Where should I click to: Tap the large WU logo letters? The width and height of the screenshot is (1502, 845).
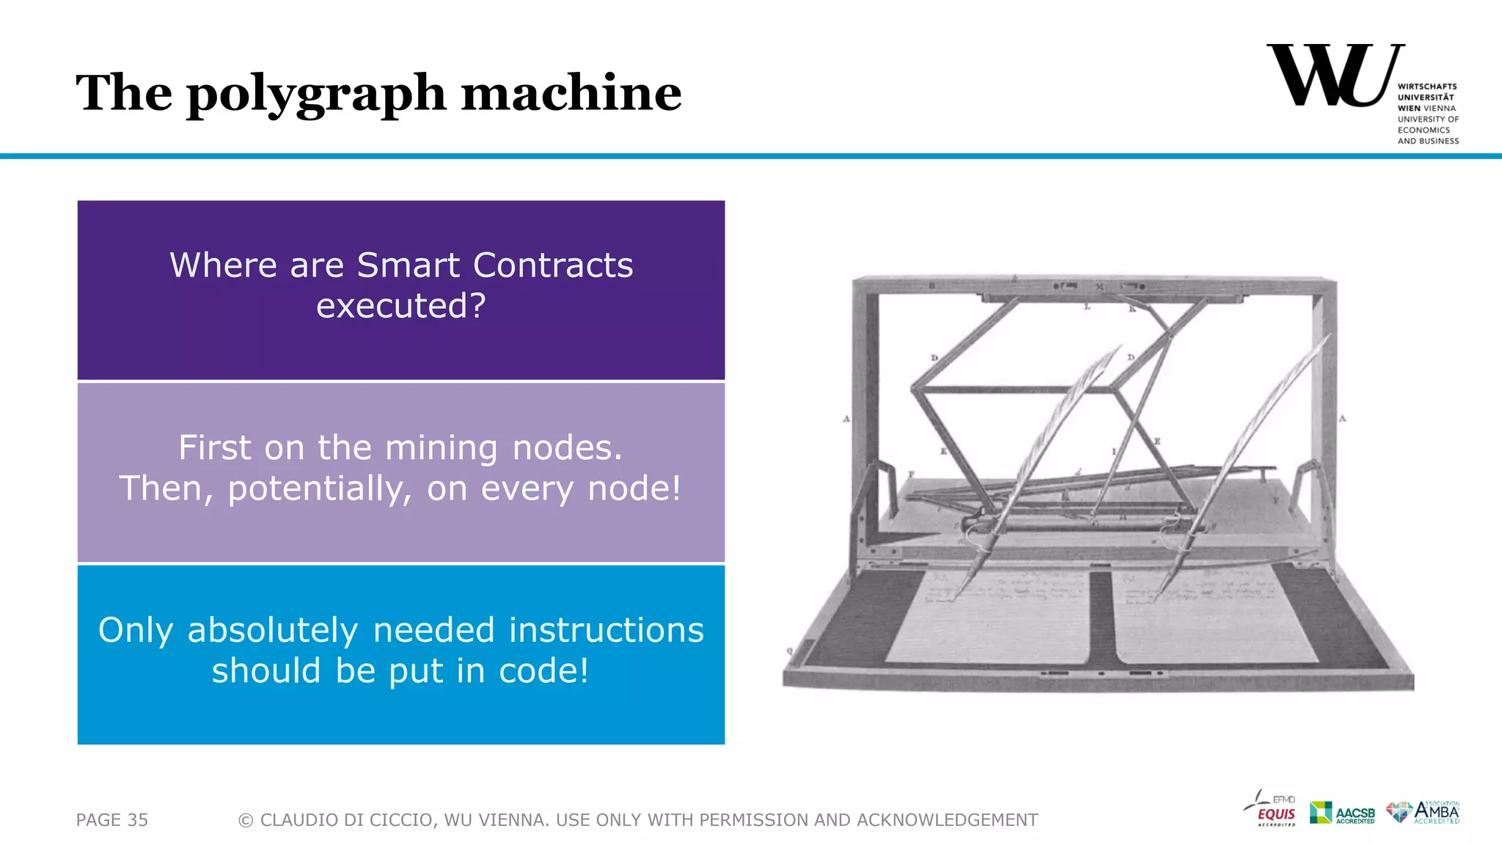click(1331, 76)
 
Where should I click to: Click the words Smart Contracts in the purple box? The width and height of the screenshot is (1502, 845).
click(494, 265)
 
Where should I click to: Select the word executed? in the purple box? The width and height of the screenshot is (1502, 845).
click(401, 306)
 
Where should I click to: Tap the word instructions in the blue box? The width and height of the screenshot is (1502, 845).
click(606, 631)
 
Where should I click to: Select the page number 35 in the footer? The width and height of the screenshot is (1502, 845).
click(137, 820)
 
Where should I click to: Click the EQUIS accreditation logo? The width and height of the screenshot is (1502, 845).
click(1272, 810)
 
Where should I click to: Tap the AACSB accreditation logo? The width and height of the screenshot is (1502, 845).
click(1342, 813)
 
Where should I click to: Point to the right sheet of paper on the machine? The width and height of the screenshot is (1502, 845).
click(1210, 616)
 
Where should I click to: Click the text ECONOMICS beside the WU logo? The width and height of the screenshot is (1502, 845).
click(1424, 130)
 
